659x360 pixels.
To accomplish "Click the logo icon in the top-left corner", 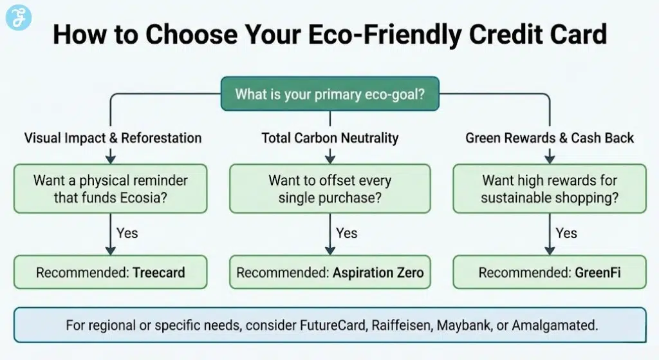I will tap(18, 17).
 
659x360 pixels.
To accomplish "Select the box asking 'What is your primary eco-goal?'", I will tap(329, 95).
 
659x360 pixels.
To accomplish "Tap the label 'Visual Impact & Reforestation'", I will tap(113, 138).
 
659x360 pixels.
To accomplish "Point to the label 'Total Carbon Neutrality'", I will tap(329, 138).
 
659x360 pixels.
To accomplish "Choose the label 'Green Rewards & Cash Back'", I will tap(549, 138).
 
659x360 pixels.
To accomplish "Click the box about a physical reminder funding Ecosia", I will tap(111, 189).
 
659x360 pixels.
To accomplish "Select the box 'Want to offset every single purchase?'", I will tap(329, 189).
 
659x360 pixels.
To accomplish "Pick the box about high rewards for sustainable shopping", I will tap(549, 189).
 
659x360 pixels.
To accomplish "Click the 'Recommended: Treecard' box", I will tap(111, 272).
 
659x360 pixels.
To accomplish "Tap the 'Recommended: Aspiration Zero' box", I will tap(329, 272).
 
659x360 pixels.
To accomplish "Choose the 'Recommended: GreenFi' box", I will tap(549, 272).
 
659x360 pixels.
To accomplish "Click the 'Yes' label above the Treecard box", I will tap(127, 232).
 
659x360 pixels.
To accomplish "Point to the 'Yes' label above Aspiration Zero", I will tap(346, 232).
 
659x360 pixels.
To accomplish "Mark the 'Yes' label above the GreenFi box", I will tap(566, 232).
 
